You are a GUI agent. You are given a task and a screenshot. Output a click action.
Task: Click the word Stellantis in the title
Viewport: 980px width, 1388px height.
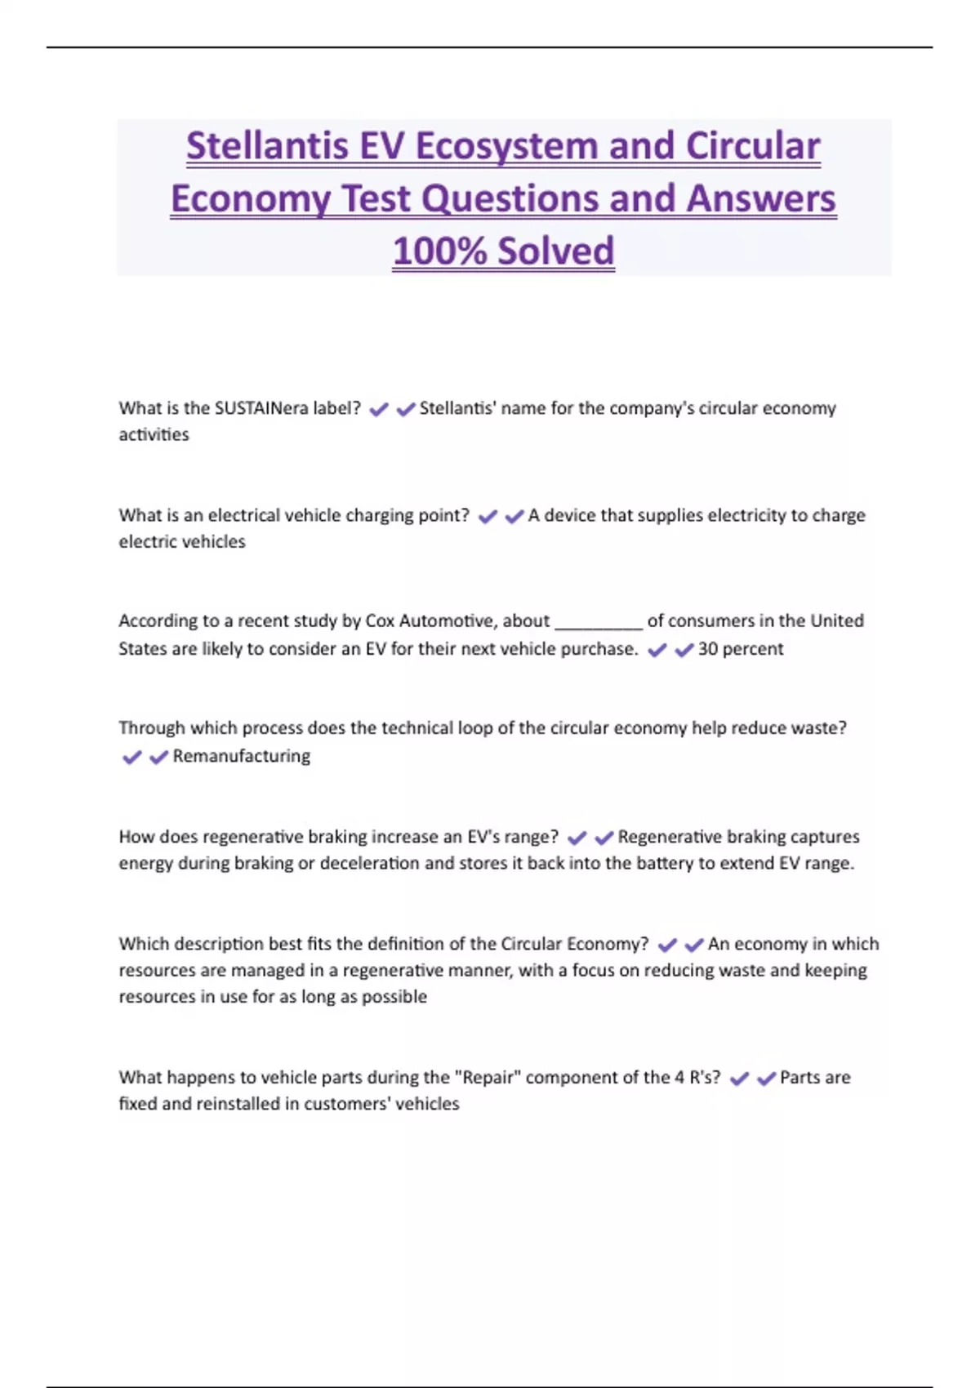266,147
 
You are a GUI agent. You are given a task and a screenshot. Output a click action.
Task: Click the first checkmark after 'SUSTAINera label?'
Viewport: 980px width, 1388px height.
379,410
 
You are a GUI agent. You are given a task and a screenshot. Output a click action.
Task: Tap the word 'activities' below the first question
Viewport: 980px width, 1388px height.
154,434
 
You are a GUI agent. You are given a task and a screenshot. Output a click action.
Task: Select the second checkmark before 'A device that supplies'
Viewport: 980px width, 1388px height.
514,517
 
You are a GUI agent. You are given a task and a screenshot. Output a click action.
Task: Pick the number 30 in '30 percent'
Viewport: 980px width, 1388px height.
708,649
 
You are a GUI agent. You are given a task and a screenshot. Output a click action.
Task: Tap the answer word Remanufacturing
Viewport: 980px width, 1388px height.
241,756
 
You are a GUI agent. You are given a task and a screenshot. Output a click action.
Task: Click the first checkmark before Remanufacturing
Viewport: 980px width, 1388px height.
131,758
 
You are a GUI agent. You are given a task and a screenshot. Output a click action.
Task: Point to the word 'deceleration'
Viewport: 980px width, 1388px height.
370,863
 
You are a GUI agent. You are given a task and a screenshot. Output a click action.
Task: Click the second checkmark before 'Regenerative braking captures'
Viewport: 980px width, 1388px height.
604,839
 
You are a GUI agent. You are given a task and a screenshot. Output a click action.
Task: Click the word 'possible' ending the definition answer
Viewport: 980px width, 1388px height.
394,997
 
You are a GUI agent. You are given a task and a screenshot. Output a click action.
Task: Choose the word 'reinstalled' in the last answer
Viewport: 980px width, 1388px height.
248,1104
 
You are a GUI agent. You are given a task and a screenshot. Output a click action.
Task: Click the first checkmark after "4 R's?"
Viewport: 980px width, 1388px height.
739,1079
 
